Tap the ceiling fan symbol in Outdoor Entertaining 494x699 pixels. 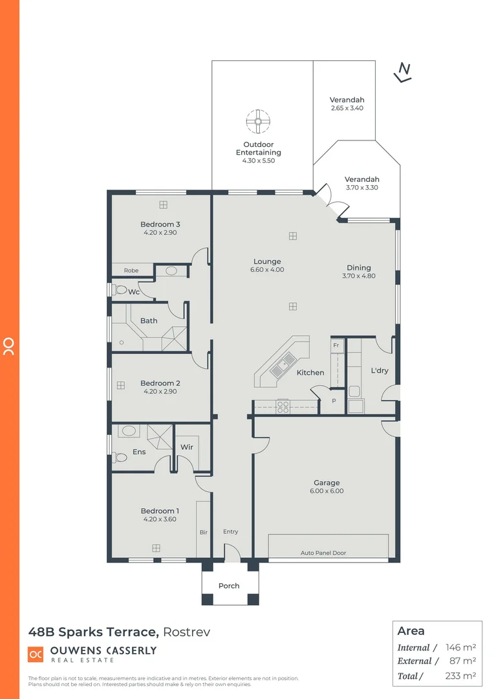(x=257, y=121)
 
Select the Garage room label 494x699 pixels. (x=327, y=483)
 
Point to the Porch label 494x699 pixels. (x=229, y=586)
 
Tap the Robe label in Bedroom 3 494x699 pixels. (x=131, y=270)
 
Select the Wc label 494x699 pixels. (x=134, y=292)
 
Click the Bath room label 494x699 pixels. (x=149, y=320)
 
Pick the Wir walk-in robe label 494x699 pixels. (x=186, y=447)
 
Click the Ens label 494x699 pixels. (x=139, y=452)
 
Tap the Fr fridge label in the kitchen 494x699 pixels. (x=336, y=346)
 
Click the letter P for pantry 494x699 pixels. (x=334, y=401)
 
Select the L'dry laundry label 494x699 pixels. (x=379, y=371)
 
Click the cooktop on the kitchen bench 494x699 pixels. (x=283, y=406)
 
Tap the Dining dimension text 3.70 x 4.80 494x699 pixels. (x=359, y=276)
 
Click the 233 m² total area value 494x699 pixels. (x=460, y=676)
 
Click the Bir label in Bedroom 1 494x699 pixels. (x=203, y=532)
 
